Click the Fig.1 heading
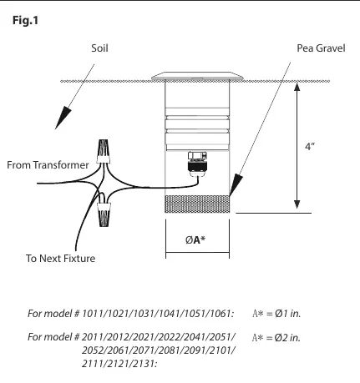coord(25,21)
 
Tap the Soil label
coord(99,48)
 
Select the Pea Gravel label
coord(321,48)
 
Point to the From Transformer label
coord(48,165)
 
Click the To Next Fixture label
coord(60,259)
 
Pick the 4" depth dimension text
coord(310,146)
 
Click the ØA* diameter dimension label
coord(195,239)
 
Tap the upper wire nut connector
coord(103,151)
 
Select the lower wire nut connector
coord(104,214)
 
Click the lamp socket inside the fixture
coord(198,164)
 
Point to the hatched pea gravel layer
coord(197,204)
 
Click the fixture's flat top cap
coord(198,76)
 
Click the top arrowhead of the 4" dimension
coord(297,87)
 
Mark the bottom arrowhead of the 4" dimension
coord(297,204)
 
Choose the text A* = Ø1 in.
coord(276,314)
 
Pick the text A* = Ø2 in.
coord(276,337)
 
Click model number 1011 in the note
coord(93,314)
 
